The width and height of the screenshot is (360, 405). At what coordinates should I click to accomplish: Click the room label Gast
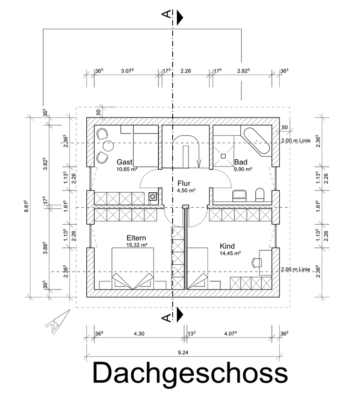point(124,162)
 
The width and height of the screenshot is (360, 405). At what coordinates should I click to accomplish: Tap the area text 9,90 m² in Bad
point(243,169)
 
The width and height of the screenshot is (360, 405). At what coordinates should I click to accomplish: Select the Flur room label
point(184,183)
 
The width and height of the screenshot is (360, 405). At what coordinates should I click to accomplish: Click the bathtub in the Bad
point(257,141)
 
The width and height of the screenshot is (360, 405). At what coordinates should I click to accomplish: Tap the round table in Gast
point(108,145)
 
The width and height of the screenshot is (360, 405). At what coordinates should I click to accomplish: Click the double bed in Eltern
point(133,268)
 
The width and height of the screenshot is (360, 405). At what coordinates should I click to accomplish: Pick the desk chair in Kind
point(257,261)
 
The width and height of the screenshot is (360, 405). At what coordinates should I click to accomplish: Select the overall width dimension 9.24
point(183,352)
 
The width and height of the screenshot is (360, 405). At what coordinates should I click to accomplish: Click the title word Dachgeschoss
point(190,373)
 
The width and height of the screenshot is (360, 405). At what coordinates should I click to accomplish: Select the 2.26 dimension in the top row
point(186,70)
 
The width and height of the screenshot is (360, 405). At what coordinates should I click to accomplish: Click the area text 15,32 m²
point(136,245)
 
